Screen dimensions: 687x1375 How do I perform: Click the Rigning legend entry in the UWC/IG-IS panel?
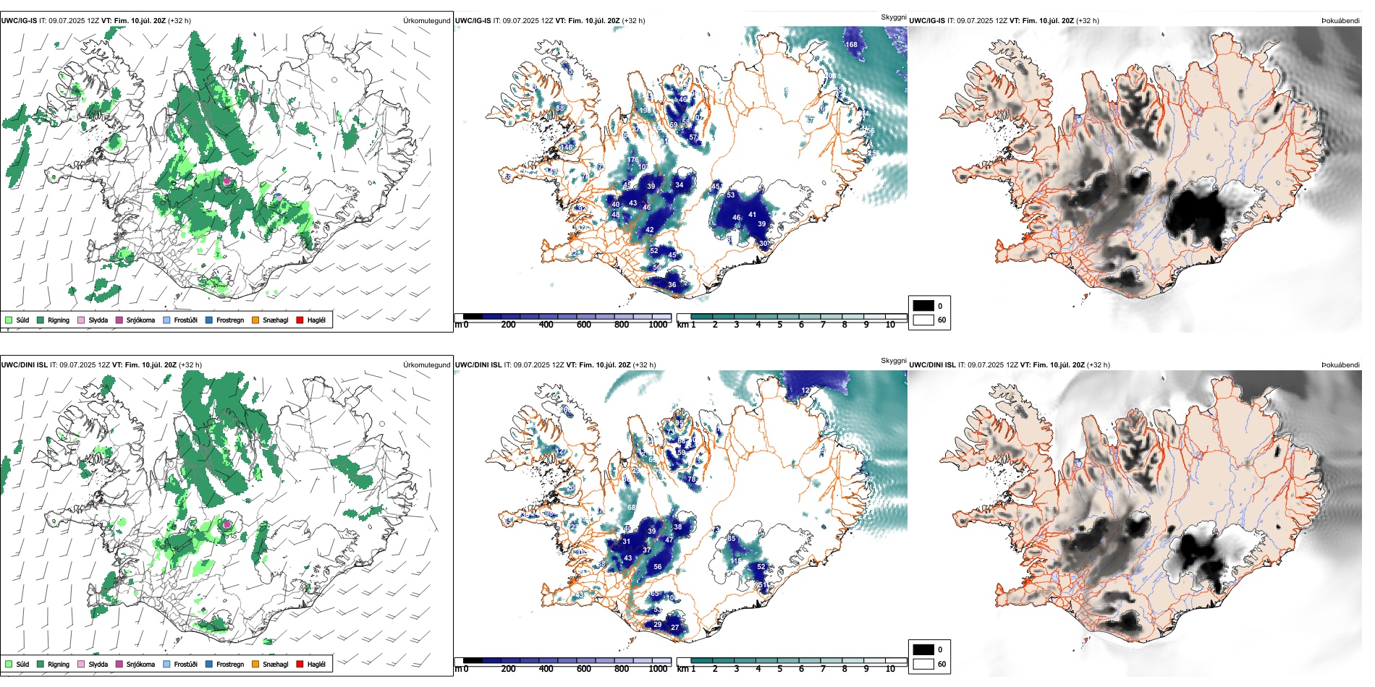click(x=58, y=320)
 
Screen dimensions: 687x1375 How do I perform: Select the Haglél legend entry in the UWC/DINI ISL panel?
click(x=316, y=664)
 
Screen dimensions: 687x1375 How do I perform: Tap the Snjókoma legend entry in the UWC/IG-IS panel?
click(x=140, y=320)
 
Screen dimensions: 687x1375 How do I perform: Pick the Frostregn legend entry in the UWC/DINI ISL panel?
click(x=229, y=664)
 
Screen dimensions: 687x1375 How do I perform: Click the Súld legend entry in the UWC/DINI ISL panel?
click(x=22, y=664)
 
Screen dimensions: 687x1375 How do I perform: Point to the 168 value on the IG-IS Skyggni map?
click(x=852, y=45)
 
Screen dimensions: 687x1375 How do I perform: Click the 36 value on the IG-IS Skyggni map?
click(x=672, y=285)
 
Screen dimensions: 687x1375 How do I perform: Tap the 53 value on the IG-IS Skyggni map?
click(x=730, y=195)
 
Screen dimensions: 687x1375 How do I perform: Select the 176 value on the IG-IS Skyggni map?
click(x=633, y=160)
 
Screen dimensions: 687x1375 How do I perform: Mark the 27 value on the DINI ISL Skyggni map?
click(x=674, y=627)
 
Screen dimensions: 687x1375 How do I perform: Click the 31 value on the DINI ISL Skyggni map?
click(x=626, y=541)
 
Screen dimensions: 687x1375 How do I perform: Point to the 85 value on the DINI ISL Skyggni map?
click(x=732, y=539)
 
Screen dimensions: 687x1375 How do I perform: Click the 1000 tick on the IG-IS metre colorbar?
click(x=658, y=325)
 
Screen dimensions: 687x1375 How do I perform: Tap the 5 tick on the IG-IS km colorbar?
click(x=779, y=325)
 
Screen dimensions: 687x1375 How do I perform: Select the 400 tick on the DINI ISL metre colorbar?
click(x=546, y=669)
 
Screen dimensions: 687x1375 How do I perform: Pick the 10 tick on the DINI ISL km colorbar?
click(x=890, y=669)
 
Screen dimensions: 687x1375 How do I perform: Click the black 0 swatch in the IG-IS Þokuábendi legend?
click(x=923, y=305)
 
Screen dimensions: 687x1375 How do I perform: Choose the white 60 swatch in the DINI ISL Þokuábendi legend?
click(x=923, y=664)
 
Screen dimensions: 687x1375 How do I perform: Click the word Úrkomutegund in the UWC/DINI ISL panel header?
click(x=426, y=365)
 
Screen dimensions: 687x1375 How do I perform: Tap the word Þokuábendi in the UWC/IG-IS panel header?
click(x=1340, y=21)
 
